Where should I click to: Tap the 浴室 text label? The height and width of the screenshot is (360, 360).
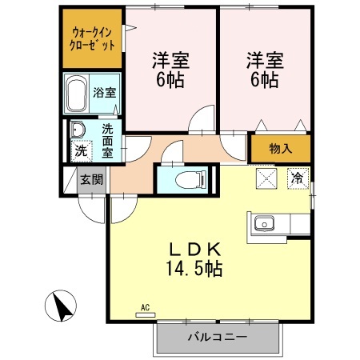104,92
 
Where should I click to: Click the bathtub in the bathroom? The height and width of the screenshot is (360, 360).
78,95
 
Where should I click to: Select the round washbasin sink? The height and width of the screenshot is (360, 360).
78,130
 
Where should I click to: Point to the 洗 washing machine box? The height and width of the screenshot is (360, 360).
80,150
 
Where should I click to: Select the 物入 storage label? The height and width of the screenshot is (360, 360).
280,149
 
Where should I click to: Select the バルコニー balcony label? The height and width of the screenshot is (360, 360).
217,338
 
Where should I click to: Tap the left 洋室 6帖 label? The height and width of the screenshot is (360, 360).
170,69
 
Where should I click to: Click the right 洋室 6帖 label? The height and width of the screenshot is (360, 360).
262,69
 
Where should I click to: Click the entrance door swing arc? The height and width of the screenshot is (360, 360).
94,206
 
